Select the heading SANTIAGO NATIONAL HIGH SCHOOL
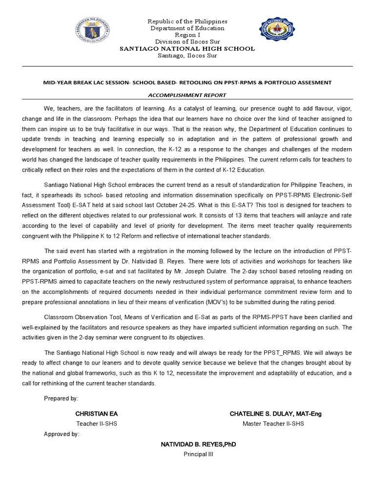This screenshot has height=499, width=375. point(187,49)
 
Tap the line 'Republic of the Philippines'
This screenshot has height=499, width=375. point(187,22)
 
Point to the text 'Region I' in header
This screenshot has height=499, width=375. point(187,35)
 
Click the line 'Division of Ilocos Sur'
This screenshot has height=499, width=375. point(187,42)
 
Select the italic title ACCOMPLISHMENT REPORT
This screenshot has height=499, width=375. point(187,95)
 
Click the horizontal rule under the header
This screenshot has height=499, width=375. point(187,66)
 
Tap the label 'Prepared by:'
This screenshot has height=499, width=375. point(61,399)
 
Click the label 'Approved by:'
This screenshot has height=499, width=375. point(62,434)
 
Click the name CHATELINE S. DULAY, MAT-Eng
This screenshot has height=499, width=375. point(275,414)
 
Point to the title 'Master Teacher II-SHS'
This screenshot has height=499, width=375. point(273,424)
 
